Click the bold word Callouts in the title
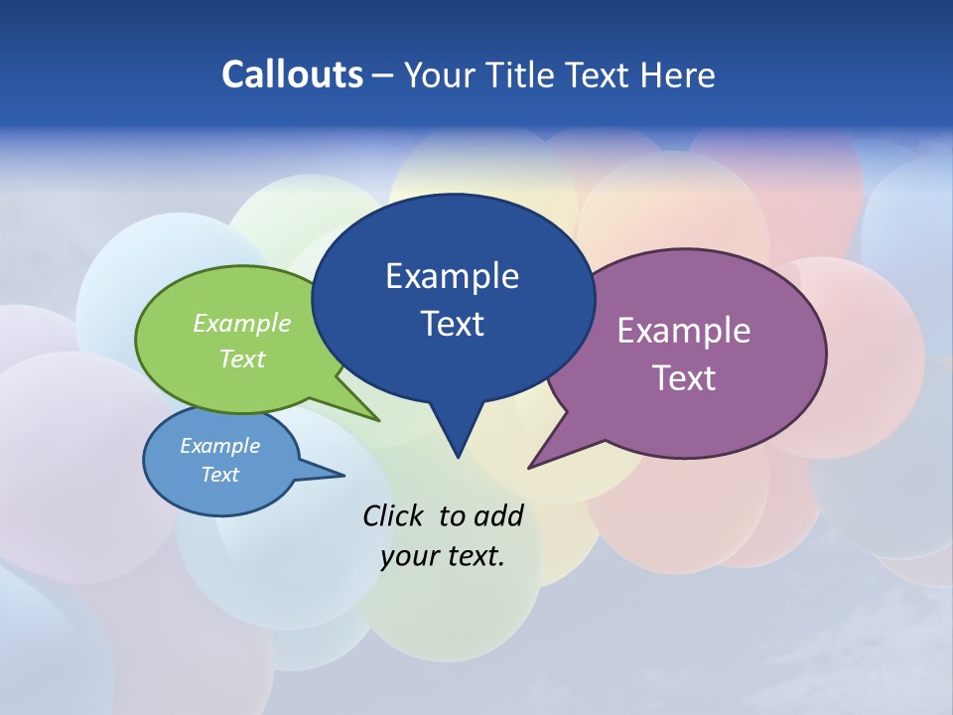292,74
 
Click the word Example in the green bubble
241,323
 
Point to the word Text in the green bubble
241,358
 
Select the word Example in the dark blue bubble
452,276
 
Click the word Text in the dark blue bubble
452,324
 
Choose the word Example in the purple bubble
684,331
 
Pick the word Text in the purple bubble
684,378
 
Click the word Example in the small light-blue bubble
219,446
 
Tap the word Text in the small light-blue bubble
219,475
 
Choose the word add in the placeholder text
497,515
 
